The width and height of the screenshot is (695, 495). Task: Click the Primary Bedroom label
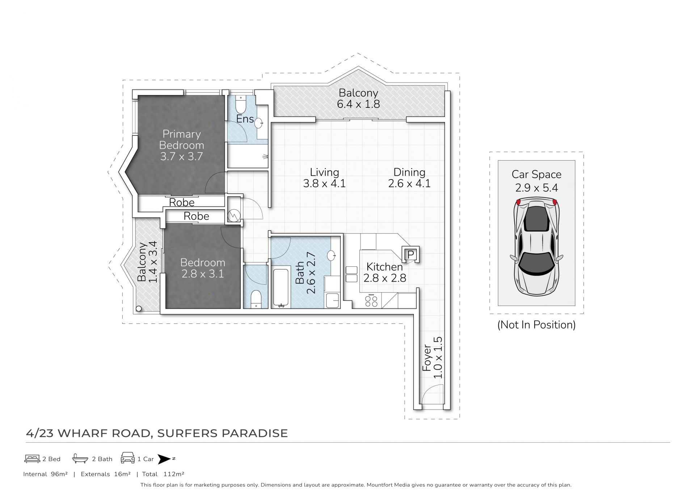pyautogui.click(x=181, y=140)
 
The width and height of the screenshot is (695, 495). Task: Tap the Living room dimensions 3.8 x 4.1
pyautogui.click(x=324, y=183)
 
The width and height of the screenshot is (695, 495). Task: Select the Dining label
pyautogui.click(x=409, y=172)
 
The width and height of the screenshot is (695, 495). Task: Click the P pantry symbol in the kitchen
pyautogui.click(x=411, y=254)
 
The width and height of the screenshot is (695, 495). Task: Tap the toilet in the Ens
pyautogui.click(x=241, y=104)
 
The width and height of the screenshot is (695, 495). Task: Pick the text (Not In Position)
pyautogui.click(x=536, y=325)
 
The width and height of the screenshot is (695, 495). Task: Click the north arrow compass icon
pyautogui.click(x=165, y=459)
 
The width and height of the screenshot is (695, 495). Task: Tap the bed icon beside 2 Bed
pyautogui.click(x=32, y=459)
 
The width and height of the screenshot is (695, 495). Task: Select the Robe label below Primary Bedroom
pyautogui.click(x=182, y=202)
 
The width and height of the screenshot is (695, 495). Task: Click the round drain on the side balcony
pyautogui.click(x=139, y=309)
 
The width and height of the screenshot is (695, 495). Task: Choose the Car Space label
pyautogui.click(x=536, y=174)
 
